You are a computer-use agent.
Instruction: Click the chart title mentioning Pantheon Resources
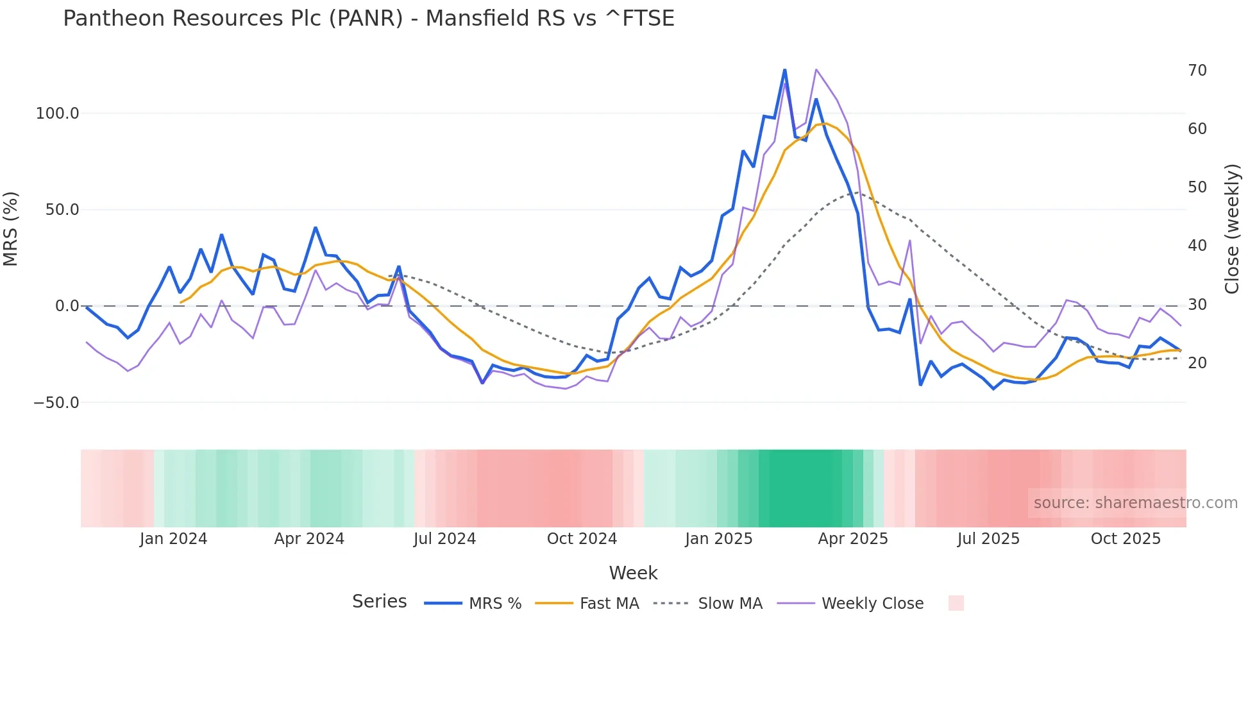pos(368,19)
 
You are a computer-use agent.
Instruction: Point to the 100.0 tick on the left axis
pos(57,114)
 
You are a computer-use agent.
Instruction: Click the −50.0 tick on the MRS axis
pos(56,403)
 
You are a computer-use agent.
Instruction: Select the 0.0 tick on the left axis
pos(67,306)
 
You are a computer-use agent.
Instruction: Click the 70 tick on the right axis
pos(1197,71)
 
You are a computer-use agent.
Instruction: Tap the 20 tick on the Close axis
pos(1197,363)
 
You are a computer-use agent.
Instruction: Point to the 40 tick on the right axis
pos(1197,246)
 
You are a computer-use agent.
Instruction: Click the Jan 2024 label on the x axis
pos(173,539)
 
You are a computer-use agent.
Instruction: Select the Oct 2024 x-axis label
pos(582,539)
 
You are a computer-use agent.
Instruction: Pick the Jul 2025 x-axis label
pos(988,539)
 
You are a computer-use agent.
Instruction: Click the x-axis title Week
pos(633,573)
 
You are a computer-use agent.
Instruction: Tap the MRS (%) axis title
pos(11,229)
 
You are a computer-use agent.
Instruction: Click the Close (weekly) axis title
pos(1232,229)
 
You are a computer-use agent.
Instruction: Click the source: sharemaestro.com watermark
pos(1135,503)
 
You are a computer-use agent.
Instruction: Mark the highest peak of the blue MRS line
pos(785,70)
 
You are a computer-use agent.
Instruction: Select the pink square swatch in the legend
pos(956,603)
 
